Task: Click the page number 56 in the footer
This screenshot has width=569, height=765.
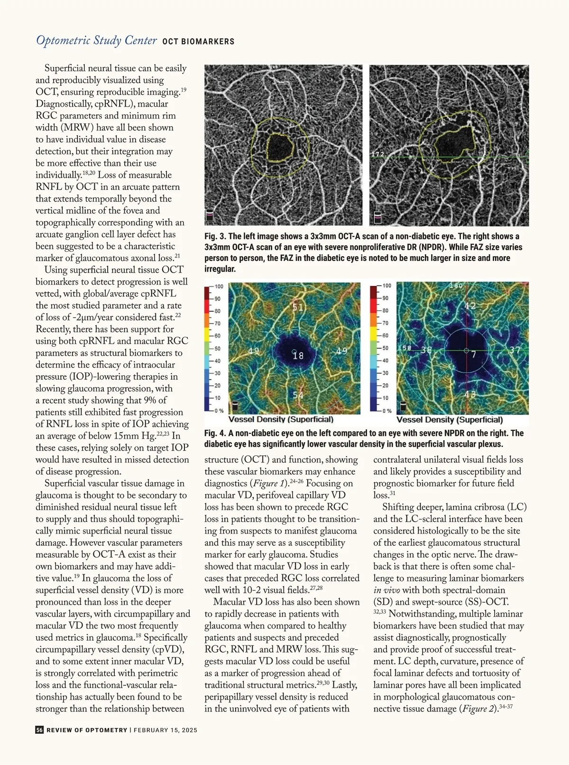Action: (39, 730)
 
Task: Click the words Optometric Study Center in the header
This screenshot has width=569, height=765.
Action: (96, 40)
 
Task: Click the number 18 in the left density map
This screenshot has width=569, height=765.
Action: (298, 355)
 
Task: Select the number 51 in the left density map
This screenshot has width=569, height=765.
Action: (297, 307)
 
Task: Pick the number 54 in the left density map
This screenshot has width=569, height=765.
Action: (298, 395)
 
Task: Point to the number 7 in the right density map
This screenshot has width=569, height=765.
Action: (474, 354)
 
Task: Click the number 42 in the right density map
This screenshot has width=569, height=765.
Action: (470, 306)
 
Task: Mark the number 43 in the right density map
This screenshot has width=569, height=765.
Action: (470, 395)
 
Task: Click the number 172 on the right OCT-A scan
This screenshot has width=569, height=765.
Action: (377, 154)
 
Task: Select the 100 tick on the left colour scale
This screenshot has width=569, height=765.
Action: (219, 286)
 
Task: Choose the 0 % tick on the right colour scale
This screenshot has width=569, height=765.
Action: (387, 411)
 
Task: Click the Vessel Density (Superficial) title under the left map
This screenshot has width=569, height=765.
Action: (281, 420)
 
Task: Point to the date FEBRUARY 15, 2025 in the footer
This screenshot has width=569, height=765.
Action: (165, 730)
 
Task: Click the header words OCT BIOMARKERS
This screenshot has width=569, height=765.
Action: (198, 42)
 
